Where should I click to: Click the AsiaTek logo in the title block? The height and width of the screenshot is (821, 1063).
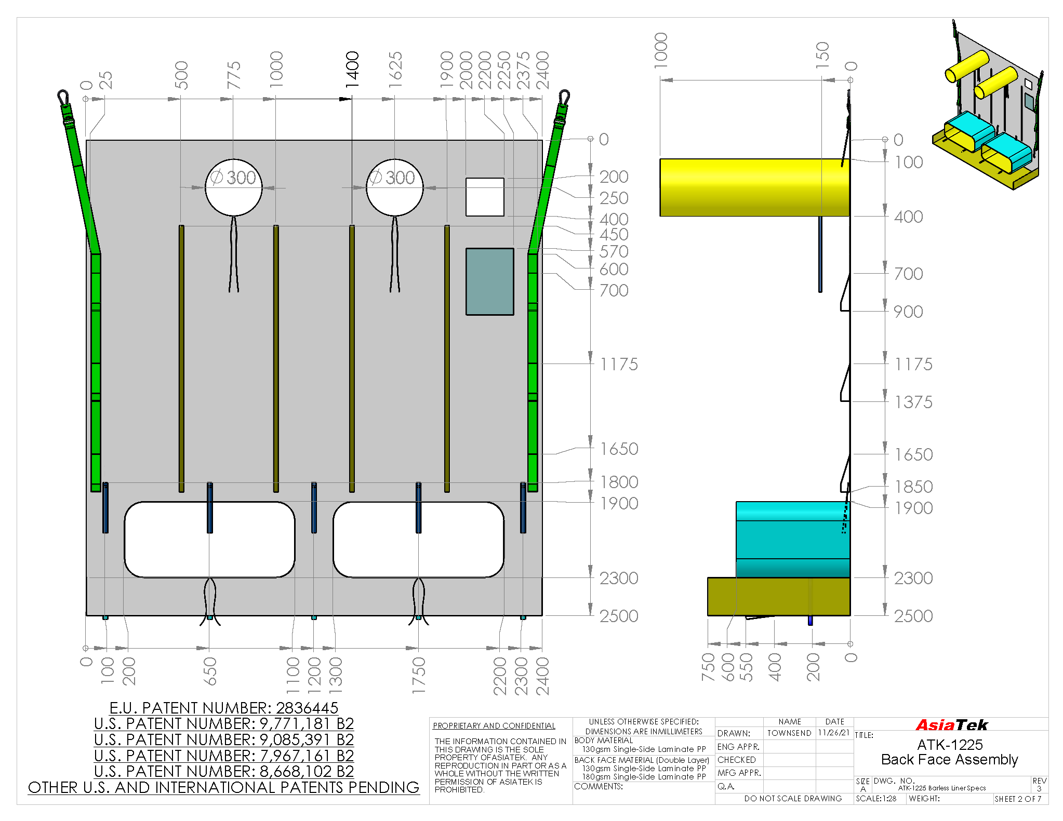click(x=951, y=725)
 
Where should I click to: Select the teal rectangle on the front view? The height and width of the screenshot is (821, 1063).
click(x=489, y=281)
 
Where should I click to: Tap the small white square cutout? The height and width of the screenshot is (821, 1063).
click(x=485, y=197)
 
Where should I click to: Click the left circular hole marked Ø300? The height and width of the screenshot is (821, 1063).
click(x=234, y=187)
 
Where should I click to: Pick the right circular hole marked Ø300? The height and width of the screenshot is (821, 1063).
click(x=395, y=187)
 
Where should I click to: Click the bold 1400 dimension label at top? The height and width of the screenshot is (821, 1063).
click(x=352, y=70)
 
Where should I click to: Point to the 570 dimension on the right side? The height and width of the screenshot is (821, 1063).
click(x=614, y=251)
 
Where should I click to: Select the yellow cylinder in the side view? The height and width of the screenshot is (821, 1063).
click(x=754, y=187)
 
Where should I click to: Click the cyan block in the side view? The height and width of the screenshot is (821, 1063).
click(x=793, y=540)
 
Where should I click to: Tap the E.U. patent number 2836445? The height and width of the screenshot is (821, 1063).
click(x=224, y=708)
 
